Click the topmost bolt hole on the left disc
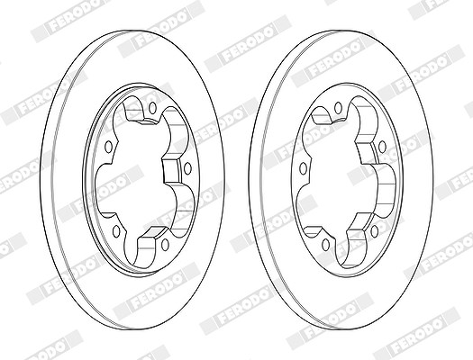point(152,108)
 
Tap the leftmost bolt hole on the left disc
point(109,147)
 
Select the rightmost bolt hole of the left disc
point(187,168)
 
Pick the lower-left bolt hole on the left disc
point(116,231)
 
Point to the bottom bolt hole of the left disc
point(165,245)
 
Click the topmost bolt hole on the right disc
point(338,108)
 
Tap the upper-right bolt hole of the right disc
point(382,147)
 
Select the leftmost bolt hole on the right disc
point(304,168)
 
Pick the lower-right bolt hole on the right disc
point(375,231)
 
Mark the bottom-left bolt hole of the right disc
point(325,245)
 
